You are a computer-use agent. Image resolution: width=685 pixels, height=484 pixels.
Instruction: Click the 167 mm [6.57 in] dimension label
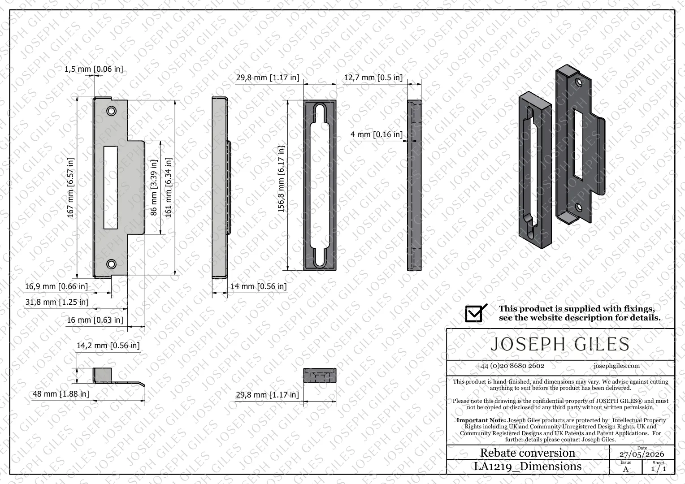tap(70, 187)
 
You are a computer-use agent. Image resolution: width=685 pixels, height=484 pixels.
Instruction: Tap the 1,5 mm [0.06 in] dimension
tap(94, 69)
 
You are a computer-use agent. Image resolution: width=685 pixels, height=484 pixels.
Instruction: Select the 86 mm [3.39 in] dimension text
tap(153, 187)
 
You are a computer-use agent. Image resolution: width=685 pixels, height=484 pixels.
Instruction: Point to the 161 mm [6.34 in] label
tap(168, 187)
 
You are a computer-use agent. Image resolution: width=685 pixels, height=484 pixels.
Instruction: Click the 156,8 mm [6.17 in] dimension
tap(281, 179)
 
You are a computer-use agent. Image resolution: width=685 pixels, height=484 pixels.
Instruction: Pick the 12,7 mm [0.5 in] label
tap(373, 78)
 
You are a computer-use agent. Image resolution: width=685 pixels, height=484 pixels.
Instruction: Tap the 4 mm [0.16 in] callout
tap(377, 134)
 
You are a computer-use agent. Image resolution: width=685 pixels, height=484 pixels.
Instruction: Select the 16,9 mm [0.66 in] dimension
tap(56, 286)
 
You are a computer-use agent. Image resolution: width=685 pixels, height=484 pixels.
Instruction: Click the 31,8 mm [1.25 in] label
tap(57, 302)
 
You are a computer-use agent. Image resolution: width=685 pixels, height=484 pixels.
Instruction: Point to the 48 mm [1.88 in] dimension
tap(61, 394)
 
